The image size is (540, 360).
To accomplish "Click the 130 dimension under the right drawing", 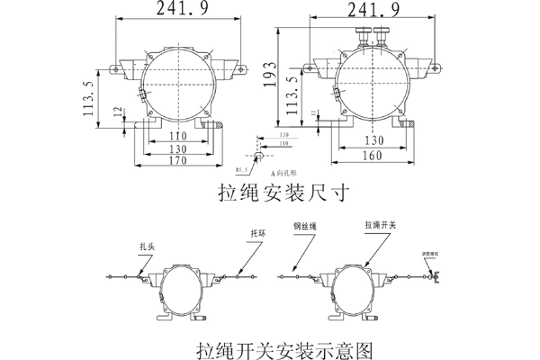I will pyautogui.click(x=370, y=141).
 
